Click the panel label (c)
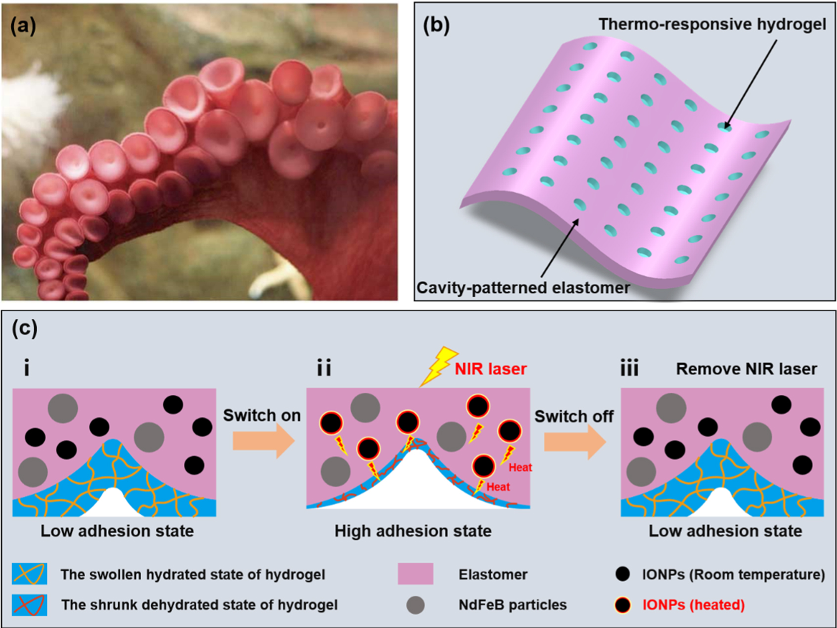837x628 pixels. tap(25, 329)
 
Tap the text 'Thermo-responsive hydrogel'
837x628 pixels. tap(712, 24)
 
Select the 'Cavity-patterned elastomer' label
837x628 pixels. tap(523, 288)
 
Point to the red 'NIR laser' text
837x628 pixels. tap(491, 369)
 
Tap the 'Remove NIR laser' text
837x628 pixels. tap(746, 369)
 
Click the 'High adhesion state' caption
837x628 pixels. tap(413, 531)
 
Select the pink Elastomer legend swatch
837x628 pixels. tap(416, 574)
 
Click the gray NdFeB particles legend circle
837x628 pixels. tap(416, 605)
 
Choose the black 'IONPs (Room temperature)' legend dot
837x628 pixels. tap(623, 574)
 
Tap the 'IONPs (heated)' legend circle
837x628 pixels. tap(623, 605)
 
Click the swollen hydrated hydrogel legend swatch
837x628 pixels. tap(30, 574)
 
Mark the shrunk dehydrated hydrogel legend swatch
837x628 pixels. tap(30, 605)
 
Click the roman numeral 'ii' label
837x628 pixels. tap(324, 369)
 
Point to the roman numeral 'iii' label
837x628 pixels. tap(629, 369)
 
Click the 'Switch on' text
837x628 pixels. tap(262, 416)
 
